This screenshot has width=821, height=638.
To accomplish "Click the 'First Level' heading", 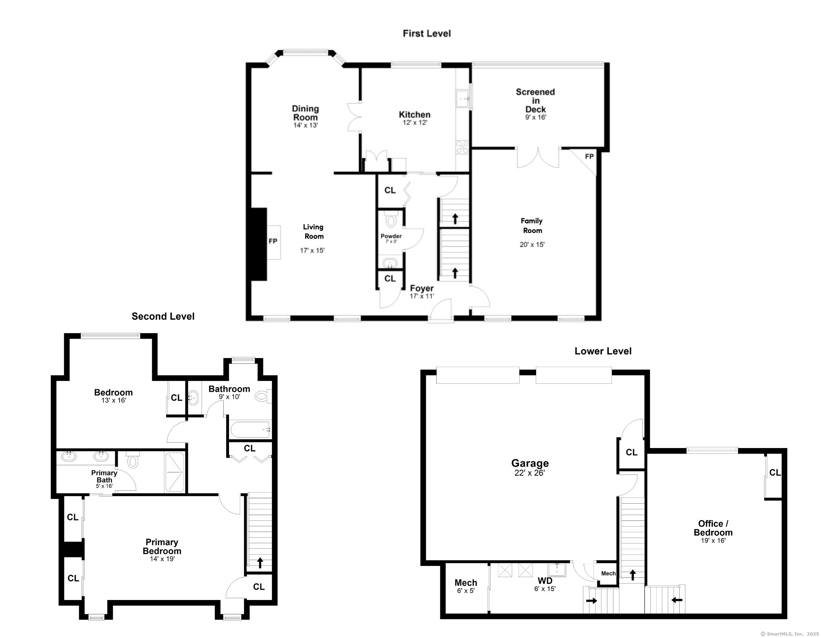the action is tap(427, 33).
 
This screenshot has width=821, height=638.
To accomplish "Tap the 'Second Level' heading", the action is tap(163, 316).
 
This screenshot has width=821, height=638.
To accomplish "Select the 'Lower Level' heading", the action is tap(603, 351).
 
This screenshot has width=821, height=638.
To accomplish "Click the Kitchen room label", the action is tap(414, 114).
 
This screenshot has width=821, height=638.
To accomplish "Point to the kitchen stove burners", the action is tap(462, 147).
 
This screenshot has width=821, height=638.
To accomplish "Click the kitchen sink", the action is tap(463, 99).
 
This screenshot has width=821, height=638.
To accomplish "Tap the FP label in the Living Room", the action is tap(273, 241).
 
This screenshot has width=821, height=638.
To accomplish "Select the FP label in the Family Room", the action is tap(589, 156).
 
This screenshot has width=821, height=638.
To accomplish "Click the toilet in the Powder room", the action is tap(391, 219).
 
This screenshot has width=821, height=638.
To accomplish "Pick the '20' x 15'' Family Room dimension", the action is tap(532, 244).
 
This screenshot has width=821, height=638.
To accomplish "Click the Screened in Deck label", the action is tap(535, 100).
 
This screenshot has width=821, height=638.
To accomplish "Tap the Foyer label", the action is tap(422, 288).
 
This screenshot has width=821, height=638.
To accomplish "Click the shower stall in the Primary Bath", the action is tap(174, 472).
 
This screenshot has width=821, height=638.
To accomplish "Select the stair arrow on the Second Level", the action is tap(260, 563).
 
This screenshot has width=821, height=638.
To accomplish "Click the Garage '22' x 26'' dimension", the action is tap(530, 473).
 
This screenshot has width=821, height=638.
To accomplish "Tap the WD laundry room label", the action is tap(545, 581).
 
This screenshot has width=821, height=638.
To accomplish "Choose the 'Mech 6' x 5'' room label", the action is tap(466, 586).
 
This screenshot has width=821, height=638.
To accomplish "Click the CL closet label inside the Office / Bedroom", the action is tap(775, 472).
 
